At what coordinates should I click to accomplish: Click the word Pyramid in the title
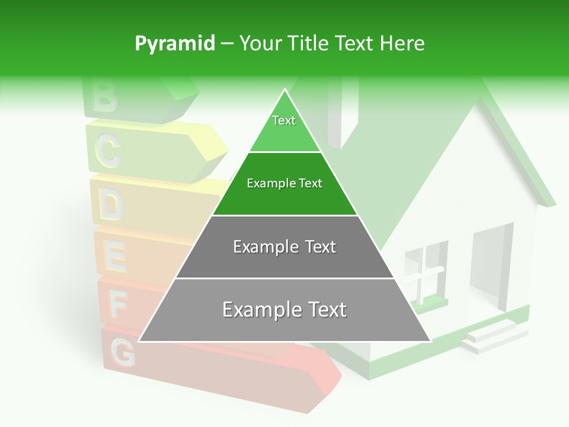pyautogui.click(x=174, y=44)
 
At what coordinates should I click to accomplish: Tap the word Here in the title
pyautogui.click(x=401, y=44)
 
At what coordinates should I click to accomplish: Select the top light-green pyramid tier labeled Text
pyautogui.click(x=284, y=128)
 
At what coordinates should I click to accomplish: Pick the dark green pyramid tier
pyautogui.click(x=284, y=184)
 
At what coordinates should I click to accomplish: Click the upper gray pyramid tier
pyautogui.click(x=284, y=247)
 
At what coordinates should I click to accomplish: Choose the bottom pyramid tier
pyautogui.click(x=284, y=310)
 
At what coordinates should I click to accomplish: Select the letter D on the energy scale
pyautogui.click(x=111, y=205)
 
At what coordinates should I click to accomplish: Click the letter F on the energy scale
pyautogui.click(x=119, y=305)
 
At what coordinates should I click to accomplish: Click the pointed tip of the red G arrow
pyautogui.click(x=339, y=375)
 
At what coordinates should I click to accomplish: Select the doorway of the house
pyautogui.click(x=491, y=267)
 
